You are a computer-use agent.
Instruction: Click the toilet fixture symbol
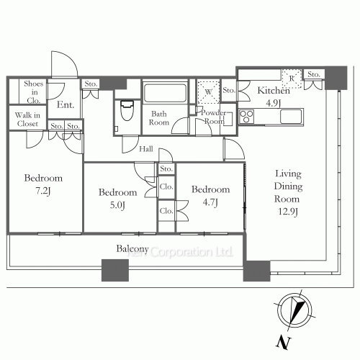[127, 110]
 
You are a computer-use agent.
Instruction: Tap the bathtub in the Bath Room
[165, 92]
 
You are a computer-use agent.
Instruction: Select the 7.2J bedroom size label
[43, 192]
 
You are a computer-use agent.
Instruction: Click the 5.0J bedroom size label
[117, 205]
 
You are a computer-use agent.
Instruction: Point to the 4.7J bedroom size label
[210, 202]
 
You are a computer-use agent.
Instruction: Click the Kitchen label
[274, 91]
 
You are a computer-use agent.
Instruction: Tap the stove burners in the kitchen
[247, 117]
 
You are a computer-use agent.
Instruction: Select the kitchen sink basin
[291, 117]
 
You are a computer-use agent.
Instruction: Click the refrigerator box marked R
[292, 78]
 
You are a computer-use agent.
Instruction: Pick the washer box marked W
[208, 92]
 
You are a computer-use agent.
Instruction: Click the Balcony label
[132, 249]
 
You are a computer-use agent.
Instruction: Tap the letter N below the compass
[284, 342]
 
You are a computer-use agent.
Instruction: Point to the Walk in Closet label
[27, 120]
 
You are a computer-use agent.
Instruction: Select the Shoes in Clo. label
[34, 92]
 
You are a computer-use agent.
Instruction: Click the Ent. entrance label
[66, 104]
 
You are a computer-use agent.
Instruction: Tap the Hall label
[146, 149]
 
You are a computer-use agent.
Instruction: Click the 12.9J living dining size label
[288, 212]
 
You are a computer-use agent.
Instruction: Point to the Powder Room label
[214, 117]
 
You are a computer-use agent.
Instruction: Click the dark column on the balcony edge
[115, 270]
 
